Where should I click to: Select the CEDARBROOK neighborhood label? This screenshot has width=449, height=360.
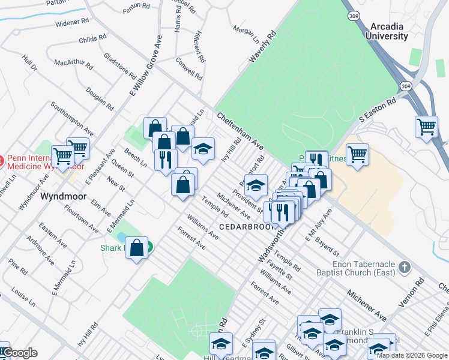(x=246, y=227)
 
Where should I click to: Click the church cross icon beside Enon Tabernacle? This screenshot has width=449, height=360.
(x=405, y=266)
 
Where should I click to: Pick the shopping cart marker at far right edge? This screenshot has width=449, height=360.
(x=426, y=127)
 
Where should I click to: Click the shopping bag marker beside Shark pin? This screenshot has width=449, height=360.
(x=136, y=248)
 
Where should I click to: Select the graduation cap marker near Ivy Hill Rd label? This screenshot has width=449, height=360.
(x=203, y=149)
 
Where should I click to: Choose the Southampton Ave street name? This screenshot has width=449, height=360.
(x=73, y=118)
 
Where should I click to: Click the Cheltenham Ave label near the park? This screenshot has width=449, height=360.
(x=240, y=131)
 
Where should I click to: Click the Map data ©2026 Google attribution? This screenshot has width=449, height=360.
(x=411, y=355)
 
